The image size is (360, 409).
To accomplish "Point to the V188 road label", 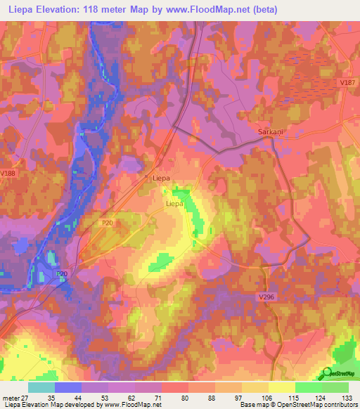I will coord(8,174).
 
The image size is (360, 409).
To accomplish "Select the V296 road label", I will coord(266,298).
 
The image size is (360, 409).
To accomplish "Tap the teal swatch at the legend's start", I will coord(42,387).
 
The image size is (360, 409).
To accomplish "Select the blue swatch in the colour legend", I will coord(69,387).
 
